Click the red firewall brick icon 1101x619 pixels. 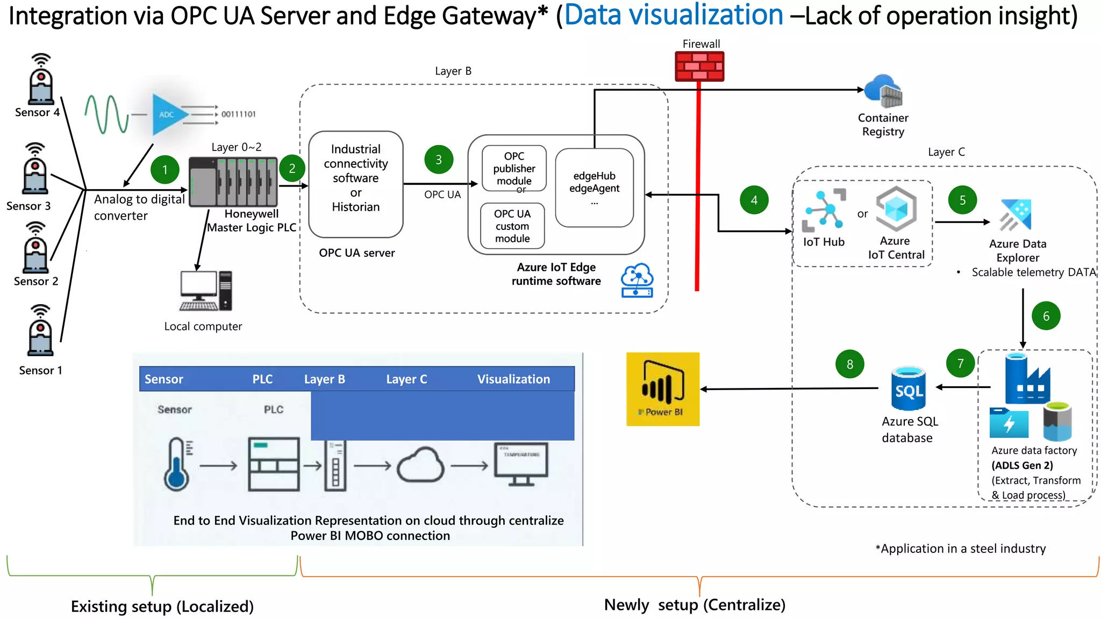[699, 66]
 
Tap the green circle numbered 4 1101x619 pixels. [754, 200]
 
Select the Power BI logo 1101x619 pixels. [663, 389]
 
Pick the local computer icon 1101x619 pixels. [205, 291]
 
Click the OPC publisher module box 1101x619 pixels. [514, 168]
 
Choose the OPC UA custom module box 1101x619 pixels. [512, 226]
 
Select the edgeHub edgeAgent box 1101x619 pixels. [594, 188]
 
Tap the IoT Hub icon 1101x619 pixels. [823, 210]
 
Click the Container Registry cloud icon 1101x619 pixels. [883, 91]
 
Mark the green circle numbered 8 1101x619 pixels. [849, 364]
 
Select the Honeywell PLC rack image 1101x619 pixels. [233, 182]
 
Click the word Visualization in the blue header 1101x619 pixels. [513, 379]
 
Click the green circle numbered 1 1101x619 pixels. [165, 170]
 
